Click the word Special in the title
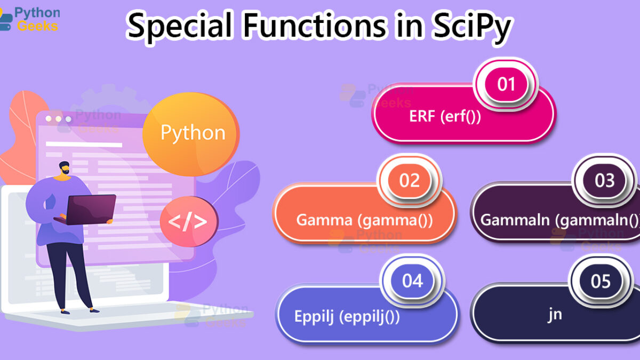[x=179, y=27]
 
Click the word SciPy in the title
[x=471, y=27]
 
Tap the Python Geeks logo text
[x=37, y=19]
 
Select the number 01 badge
[x=506, y=84]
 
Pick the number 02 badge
[x=409, y=181]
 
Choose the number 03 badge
[x=604, y=181]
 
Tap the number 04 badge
[x=412, y=281]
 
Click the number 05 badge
[x=601, y=281]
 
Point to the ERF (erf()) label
[x=445, y=117]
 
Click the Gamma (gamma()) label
[x=364, y=220]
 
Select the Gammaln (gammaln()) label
[x=559, y=220]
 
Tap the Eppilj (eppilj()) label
[x=347, y=317]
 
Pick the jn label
[x=555, y=315]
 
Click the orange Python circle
[x=191, y=134]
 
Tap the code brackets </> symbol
[x=187, y=221]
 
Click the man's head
[x=65, y=168]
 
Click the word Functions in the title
[x=315, y=27]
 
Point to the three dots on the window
[x=58, y=119]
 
